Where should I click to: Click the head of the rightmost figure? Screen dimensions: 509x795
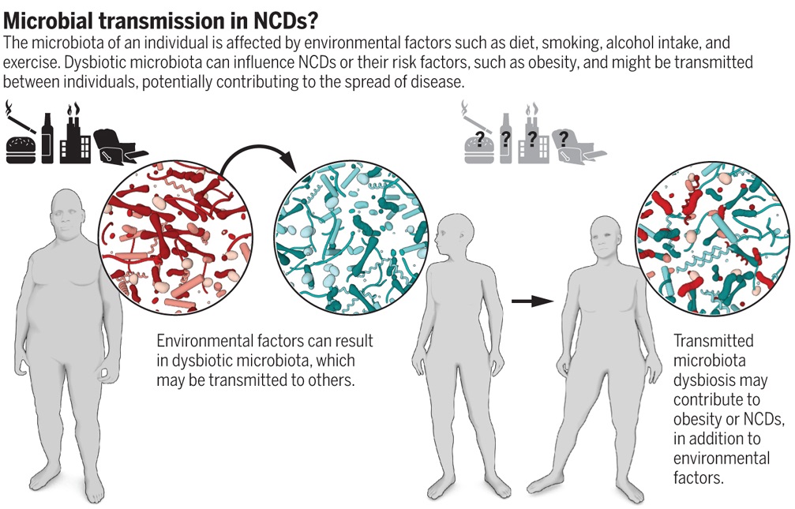610,240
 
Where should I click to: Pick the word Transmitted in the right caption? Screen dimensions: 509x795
713,341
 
